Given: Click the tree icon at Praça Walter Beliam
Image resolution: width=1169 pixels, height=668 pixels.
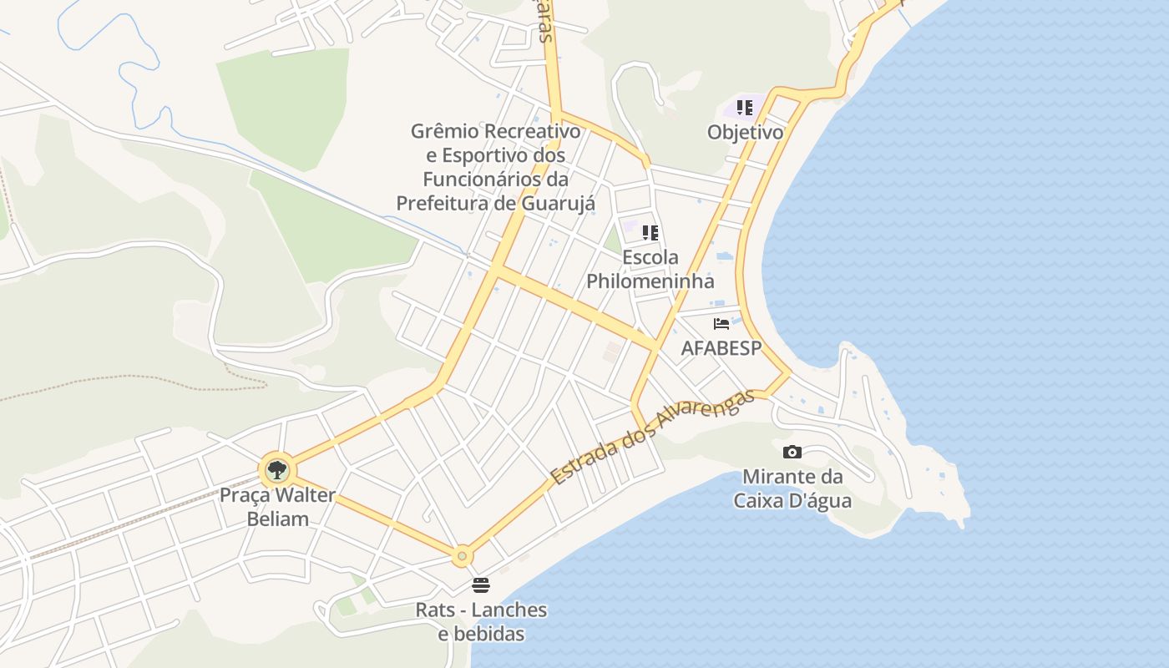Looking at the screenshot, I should pos(276,470).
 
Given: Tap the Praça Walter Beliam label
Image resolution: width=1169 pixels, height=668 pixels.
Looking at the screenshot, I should pos(277,507).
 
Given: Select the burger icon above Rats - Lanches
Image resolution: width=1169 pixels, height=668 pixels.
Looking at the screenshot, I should pos(481,584).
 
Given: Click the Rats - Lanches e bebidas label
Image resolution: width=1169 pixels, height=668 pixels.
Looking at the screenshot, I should pos(482,622).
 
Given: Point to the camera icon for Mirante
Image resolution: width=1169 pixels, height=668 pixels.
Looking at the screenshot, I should pos(792,452).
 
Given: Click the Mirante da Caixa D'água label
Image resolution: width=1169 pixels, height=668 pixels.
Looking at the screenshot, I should pos(792,488).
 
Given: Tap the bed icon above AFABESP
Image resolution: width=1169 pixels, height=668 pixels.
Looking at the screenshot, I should pos(721,324).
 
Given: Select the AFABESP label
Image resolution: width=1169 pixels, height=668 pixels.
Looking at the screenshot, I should pos(721,348).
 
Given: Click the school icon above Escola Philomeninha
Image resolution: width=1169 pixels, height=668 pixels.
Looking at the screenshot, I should pos(650,233).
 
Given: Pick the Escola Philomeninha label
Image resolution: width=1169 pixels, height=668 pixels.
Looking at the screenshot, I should pos(650,269).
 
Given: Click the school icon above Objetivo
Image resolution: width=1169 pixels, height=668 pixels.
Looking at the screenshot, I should pos(745,108).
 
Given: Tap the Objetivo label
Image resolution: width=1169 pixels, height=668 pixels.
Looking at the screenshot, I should pos(745,132).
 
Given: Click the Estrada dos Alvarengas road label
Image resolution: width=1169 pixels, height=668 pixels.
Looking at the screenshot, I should pos(652,437).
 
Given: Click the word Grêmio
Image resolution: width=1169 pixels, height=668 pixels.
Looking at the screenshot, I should pos(445,131).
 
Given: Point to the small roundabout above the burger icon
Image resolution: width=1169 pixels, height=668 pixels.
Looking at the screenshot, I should pos(462,555).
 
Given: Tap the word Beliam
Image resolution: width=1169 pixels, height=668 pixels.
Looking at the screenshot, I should pos(278,519).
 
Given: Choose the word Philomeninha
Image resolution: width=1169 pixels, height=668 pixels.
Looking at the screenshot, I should pos(650,281).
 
